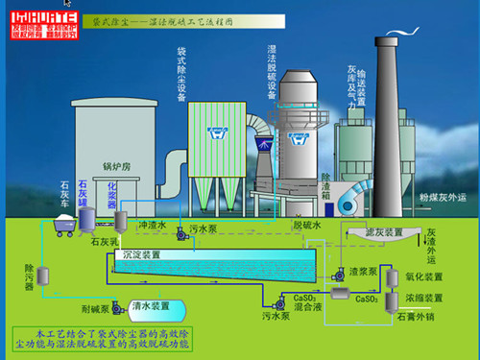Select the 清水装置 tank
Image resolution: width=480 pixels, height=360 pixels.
click(x=153, y=308)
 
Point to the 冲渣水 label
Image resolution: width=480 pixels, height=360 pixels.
click(x=154, y=226)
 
